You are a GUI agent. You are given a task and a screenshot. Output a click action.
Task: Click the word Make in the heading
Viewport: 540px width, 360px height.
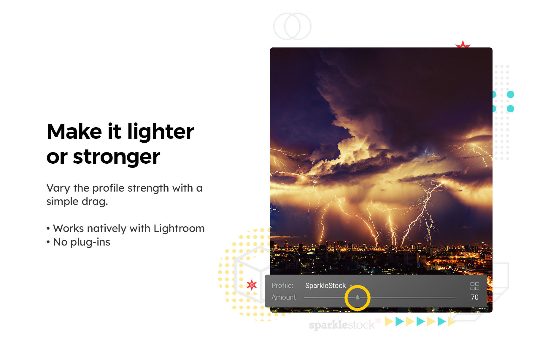pyautogui.click(x=74, y=132)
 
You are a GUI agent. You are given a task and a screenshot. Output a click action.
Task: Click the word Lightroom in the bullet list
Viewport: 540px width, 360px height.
pyautogui.click(x=179, y=228)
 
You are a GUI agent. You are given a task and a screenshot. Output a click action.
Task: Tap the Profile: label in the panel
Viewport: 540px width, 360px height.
pyautogui.click(x=282, y=286)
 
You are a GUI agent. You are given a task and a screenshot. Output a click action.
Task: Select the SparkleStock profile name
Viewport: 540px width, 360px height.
pyautogui.click(x=325, y=286)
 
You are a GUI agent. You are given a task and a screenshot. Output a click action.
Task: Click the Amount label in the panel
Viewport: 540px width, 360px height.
pyautogui.click(x=284, y=297)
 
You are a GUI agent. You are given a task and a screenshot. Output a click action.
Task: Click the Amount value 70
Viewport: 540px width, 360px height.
pyautogui.click(x=475, y=297)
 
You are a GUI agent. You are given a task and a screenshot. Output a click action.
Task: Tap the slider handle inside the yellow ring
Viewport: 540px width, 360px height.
pyautogui.click(x=358, y=297)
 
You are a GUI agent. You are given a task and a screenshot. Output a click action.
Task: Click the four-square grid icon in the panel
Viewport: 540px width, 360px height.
pyautogui.click(x=475, y=286)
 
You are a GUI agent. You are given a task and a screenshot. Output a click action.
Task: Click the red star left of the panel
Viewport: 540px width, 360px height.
pyautogui.click(x=252, y=285)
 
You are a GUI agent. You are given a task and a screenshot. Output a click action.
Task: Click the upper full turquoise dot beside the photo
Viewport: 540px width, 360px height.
pyautogui.click(x=510, y=95)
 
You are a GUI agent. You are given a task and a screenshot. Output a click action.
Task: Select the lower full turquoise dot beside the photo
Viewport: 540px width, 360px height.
pyautogui.click(x=510, y=109)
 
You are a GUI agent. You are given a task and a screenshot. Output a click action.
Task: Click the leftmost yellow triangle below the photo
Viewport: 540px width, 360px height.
pyautogui.click(x=389, y=321)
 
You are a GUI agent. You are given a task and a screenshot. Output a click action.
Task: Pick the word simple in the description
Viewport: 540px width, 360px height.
pyautogui.click(x=63, y=202)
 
